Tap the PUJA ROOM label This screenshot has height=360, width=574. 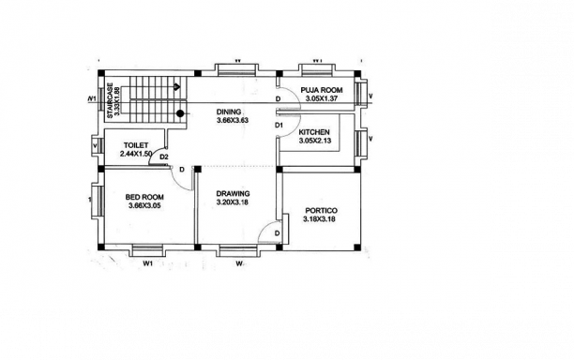point(322,89)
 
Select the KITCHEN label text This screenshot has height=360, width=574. point(313,132)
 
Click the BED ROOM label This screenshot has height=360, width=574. point(145,196)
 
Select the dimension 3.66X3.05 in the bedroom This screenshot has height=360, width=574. point(145,205)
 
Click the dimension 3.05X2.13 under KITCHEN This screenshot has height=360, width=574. point(314,142)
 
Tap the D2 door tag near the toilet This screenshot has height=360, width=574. point(164,156)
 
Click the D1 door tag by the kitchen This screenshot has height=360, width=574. point(279,125)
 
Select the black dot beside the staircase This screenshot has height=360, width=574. point(179,113)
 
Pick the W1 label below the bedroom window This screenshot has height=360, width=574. point(147,264)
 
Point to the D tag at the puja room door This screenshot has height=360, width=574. point(279,99)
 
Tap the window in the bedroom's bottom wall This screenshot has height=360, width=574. point(146,249)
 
